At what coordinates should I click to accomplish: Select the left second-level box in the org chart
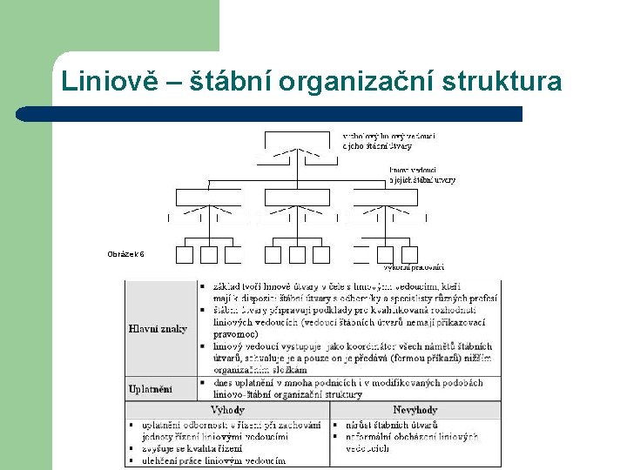click(209, 197)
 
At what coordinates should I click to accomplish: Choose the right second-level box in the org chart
click(386, 197)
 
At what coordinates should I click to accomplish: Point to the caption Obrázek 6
click(125, 254)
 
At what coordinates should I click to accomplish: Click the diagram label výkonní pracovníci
click(415, 267)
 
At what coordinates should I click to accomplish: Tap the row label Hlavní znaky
click(158, 328)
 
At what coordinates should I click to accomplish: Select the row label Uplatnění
click(151, 388)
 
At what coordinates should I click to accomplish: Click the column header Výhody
click(227, 409)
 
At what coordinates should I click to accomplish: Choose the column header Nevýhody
click(415, 409)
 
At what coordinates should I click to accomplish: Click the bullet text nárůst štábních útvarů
click(388, 425)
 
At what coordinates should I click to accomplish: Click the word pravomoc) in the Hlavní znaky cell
click(235, 333)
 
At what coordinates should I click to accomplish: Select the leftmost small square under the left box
click(185, 254)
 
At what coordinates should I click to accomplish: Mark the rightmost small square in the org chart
click(409, 254)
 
